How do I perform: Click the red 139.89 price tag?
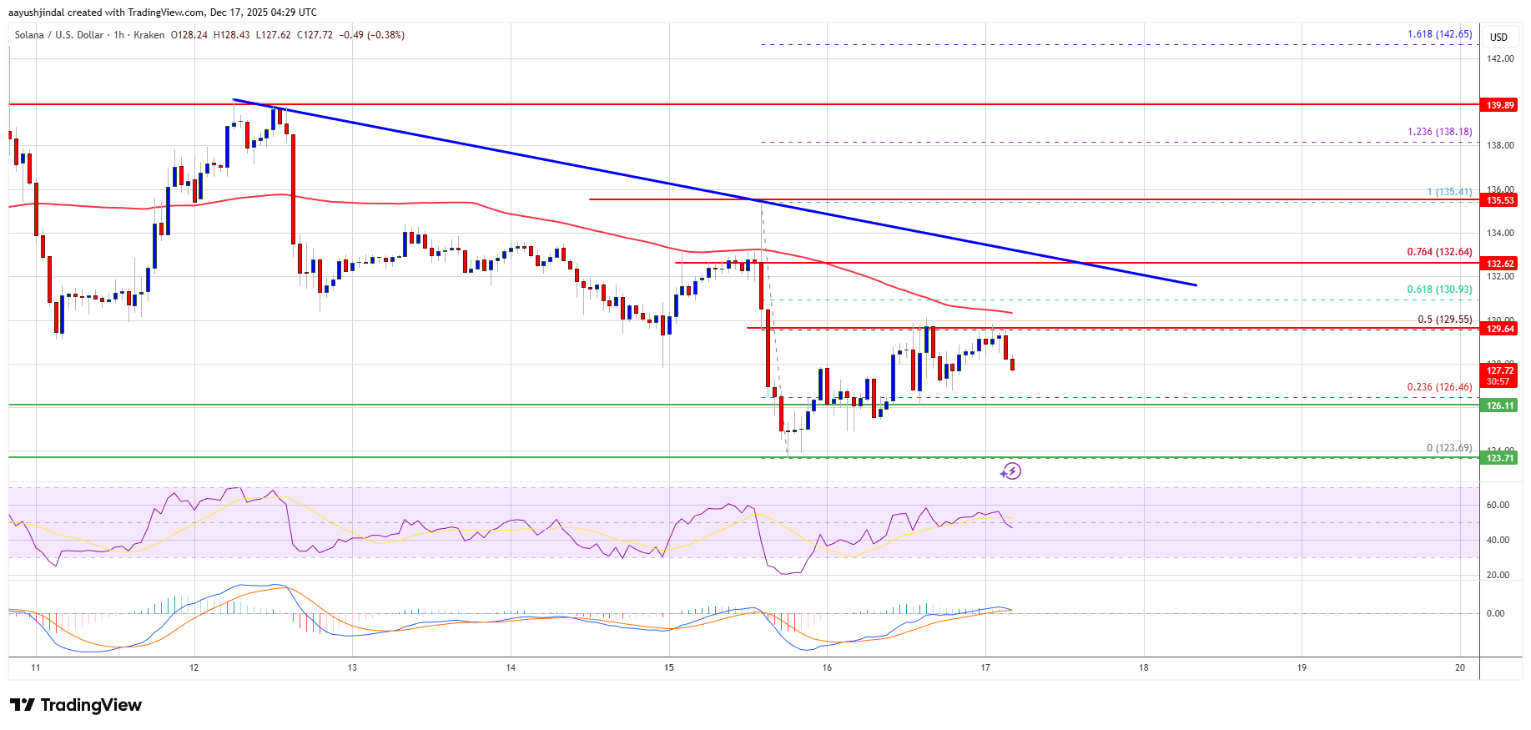[1500, 105]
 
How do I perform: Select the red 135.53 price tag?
[1500, 200]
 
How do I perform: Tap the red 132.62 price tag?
[1500, 264]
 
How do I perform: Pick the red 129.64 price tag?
[1500, 329]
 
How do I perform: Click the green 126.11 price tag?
[1500, 405]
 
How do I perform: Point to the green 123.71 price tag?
[1500, 458]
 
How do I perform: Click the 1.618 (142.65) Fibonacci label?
[1439, 34]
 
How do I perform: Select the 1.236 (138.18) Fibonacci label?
[1439, 132]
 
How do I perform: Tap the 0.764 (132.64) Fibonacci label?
[1439, 252]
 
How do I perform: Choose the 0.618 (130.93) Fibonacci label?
[1439, 289]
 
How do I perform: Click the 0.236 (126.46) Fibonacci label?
[1439, 387]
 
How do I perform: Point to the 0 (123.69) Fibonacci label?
[1448, 448]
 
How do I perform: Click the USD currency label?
[1498, 37]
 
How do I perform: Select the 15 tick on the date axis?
[669, 667]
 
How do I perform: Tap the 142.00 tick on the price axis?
[1499, 58]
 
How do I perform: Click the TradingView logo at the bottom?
[76, 705]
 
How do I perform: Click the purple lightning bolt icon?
[1011, 471]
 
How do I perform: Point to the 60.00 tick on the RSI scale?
[1498, 505]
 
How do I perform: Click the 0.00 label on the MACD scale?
[1495, 613]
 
